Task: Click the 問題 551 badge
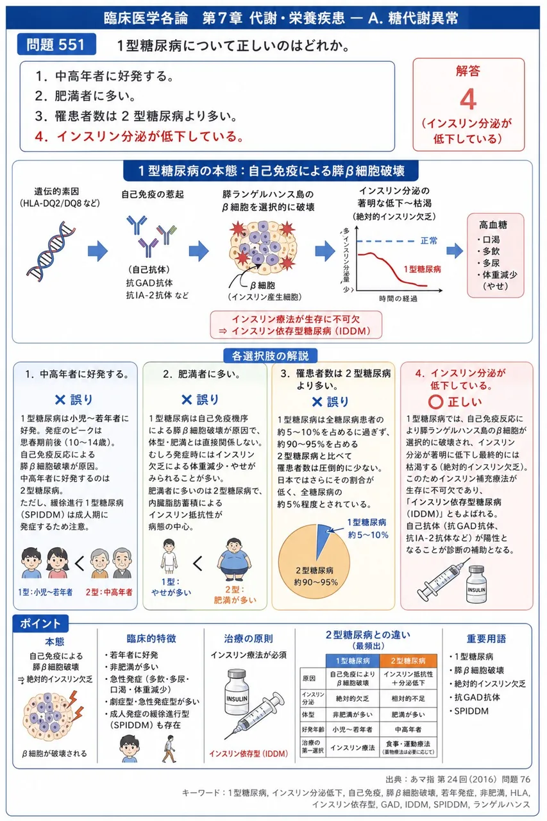point(56,44)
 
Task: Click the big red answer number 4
point(468,99)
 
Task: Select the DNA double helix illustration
point(51,251)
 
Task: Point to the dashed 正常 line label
point(428,241)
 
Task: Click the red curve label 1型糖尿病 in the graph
point(422,269)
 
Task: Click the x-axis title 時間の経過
point(398,299)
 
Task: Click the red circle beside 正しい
point(435,402)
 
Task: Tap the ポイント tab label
point(40,623)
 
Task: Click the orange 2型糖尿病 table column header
point(408,661)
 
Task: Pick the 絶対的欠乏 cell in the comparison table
point(352,698)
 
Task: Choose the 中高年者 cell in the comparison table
point(408,729)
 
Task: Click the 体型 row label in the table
point(308,715)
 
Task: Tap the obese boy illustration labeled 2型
point(234,559)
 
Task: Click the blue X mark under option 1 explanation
point(60,400)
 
